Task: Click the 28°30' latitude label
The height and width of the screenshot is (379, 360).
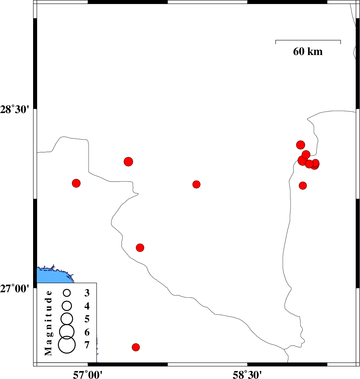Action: click(x=15, y=110)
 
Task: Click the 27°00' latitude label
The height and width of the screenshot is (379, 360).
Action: click(x=15, y=289)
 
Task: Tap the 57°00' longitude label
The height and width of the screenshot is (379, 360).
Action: click(x=88, y=374)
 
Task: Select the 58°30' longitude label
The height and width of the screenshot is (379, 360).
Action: click(x=248, y=374)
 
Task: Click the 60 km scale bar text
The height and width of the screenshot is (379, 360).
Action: click(x=308, y=52)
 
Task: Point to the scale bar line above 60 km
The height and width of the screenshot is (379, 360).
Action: click(x=308, y=40)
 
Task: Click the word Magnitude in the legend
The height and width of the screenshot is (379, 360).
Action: click(x=49, y=323)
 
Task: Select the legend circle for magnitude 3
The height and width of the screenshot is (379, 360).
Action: click(x=67, y=293)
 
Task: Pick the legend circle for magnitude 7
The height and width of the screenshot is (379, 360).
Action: click(x=67, y=345)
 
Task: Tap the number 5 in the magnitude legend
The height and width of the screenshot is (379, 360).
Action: click(x=87, y=319)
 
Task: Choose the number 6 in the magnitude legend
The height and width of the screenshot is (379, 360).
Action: click(x=87, y=332)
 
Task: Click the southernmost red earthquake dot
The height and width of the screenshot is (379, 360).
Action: click(x=136, y=347)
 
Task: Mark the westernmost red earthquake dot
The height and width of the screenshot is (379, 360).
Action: click(x=76, y=183)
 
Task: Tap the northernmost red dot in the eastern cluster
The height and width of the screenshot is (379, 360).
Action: click(x=301, y=145)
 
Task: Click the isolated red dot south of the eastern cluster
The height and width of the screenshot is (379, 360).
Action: click(x=303, y=186)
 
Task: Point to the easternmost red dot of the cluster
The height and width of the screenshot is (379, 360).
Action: click(x=316, y=163)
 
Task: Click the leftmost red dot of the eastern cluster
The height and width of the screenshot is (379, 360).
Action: click(x=302, y=160)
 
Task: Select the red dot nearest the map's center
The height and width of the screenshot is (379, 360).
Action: click(x=197, y=184)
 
